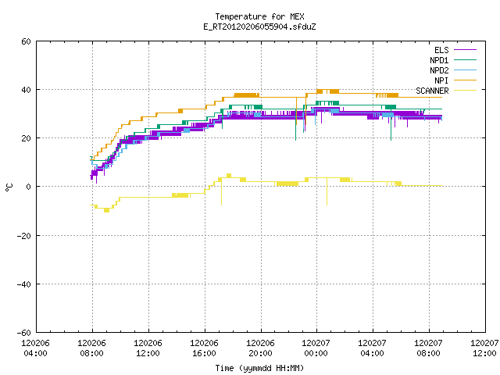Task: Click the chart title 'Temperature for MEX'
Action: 259,16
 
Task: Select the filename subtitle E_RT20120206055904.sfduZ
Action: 259,27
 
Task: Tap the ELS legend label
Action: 441,50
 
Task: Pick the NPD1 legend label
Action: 439,60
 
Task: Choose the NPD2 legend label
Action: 439,70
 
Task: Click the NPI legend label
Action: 441,80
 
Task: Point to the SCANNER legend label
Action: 432,91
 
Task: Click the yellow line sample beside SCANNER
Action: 465,91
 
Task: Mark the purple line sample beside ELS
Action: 465,50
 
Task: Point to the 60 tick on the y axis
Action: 26,41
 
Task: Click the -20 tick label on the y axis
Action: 24,236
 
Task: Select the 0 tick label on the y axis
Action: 28,187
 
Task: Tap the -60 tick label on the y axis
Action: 24,333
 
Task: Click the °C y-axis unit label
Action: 9,187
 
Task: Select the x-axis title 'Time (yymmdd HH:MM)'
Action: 259,368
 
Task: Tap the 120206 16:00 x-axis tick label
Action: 204,348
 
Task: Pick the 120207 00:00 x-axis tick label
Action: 316,348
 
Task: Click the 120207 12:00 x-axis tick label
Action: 484,348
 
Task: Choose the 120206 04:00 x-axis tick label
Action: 35,348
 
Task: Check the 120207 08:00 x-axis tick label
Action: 428,348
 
